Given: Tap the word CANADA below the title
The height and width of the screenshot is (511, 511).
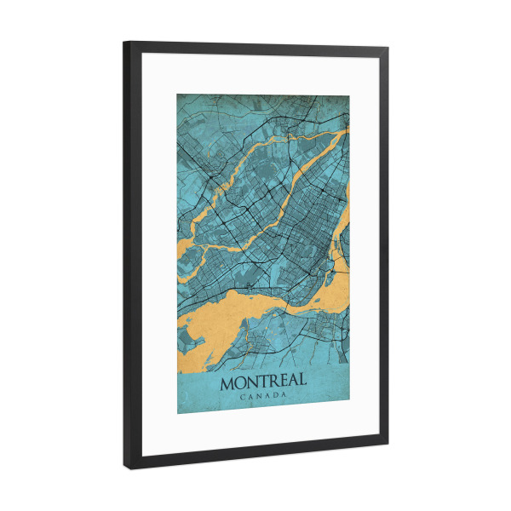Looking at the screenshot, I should click(x=264, y=396).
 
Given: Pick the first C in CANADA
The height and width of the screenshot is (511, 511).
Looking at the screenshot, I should click(x=244, y=397).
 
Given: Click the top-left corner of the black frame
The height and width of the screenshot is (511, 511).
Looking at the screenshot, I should click(x=124, y=43).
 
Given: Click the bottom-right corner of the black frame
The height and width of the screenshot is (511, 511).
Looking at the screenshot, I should click(x=388, y=444).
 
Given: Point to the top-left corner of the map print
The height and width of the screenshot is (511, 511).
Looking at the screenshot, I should click(x=177, y=94).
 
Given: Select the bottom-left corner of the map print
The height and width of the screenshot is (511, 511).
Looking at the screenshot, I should click(x=178, y=414).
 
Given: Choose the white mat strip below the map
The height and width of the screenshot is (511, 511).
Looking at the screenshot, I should click(x=264, y=429).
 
